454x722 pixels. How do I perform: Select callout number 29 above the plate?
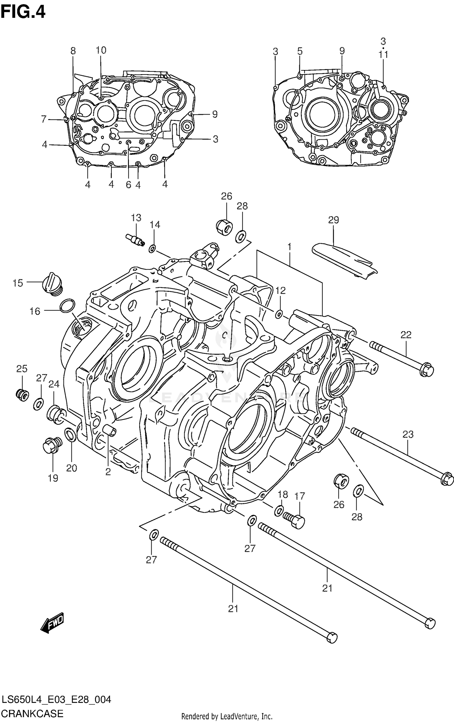pos(333,220)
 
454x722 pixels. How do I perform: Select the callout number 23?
pos(408,434)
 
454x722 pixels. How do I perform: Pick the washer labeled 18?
pos(279,511)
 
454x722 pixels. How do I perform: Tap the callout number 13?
pos(136,218)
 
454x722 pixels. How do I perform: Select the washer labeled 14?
pos(152,249)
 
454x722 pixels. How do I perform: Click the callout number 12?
pos(281,291)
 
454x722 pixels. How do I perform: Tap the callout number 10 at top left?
pos(101,50)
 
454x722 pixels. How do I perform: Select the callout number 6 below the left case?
pos(128,184)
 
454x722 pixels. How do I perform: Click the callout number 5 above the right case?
pos(300,51)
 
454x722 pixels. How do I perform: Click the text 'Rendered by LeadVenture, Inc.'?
pos(227,714)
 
